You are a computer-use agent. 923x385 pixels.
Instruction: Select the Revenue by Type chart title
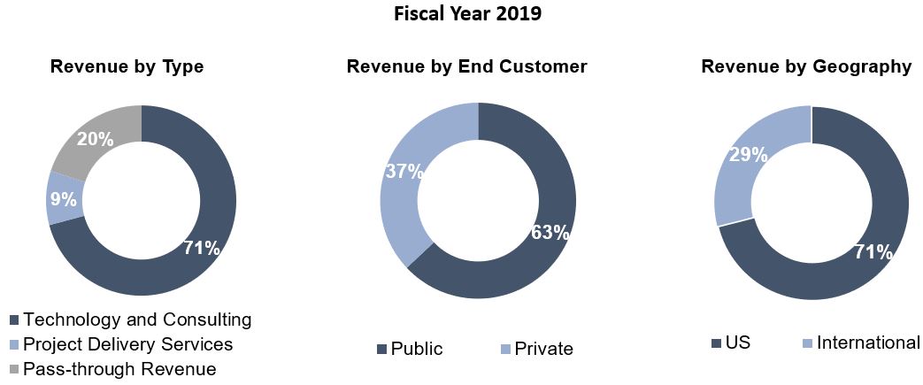pos(127,66)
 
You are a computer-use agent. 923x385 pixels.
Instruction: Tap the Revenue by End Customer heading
pos(466,66)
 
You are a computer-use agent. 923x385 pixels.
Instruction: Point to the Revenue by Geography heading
pos(806,66)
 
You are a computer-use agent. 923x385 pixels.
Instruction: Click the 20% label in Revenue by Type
pos(94,139)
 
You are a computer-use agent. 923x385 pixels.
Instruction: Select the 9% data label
pos(62,199)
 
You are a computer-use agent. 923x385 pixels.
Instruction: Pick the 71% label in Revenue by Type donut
pos(201,248)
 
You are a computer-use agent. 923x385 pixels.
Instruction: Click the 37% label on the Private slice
pos(404,172)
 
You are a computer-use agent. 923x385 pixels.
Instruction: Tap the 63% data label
pos(550,233)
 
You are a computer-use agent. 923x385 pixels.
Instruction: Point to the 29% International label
pos(746,155)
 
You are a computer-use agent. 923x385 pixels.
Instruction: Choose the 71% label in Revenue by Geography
pos(873,252)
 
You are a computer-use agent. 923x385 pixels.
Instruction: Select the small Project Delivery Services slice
pos(64,197)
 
